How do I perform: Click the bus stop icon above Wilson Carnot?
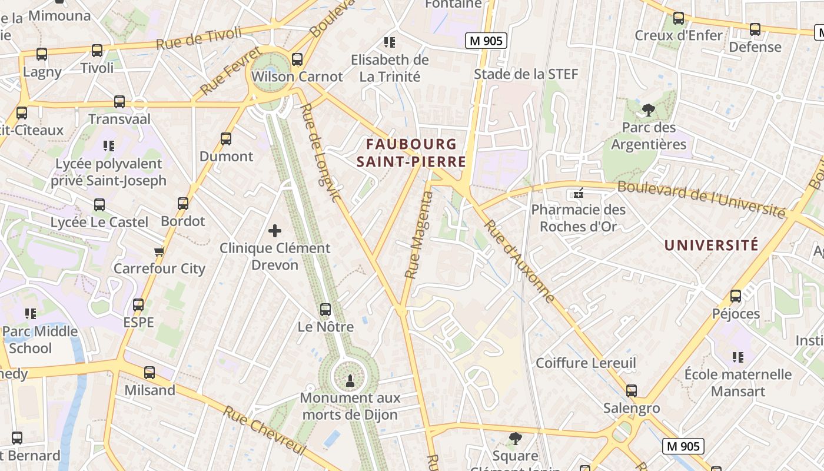click(297, 59)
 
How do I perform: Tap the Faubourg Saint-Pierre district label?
click(411, 153)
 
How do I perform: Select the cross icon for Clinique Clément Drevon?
click(275, 231)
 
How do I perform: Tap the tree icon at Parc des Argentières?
click(649, 110)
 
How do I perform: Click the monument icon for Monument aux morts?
click(350, 380)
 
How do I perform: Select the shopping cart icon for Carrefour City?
click(159, 251)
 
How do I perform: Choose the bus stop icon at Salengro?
click(632, 390)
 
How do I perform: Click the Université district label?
click(711, 246)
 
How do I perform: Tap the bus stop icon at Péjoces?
click(736, 296)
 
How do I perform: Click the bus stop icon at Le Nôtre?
click(325, 309)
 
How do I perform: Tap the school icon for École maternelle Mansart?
click(738, 357)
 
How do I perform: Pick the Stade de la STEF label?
click(526, 74)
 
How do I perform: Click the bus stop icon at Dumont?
click(226, 139)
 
